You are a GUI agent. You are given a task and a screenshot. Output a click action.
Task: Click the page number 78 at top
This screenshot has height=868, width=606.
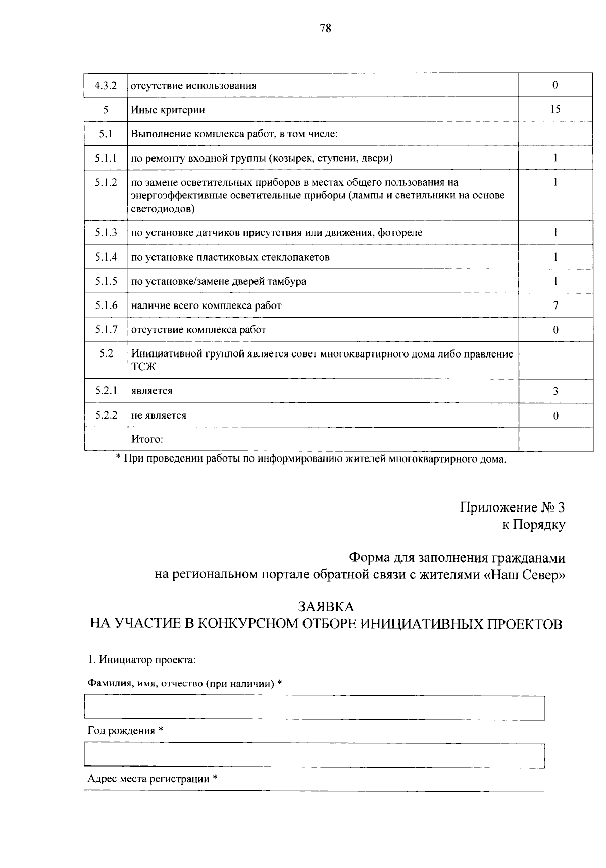[x=325, y=29]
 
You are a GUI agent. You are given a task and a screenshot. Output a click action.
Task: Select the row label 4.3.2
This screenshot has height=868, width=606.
[x=106, y=85]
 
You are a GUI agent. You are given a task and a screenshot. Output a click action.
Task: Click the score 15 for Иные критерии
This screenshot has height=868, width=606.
[x=555, y=109]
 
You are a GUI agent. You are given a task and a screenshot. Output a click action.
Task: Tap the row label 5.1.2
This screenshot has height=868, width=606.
[x=106, y=182]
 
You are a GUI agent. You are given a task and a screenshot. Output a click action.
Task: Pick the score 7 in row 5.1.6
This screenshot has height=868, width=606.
[x=555, y=305]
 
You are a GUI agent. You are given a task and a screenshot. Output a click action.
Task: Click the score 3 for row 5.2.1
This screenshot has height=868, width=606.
[x=555, y=391]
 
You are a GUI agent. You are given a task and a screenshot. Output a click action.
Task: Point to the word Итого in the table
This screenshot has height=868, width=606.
[x=147, y=439]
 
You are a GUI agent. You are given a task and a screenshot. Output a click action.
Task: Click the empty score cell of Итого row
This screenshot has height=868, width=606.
[x=555, y=439]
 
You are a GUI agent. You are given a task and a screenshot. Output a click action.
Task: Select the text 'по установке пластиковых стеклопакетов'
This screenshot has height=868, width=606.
[x=230, y=257]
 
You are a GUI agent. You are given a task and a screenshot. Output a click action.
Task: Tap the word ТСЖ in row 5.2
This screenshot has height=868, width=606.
[x=143, y=367]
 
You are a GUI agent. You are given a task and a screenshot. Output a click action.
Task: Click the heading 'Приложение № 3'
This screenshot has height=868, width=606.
[x=512, y=507]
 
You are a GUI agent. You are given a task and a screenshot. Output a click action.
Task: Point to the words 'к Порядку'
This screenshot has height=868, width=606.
[x=533, y=525]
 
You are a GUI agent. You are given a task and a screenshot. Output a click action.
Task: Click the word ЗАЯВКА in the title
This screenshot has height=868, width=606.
[x=326, y=606]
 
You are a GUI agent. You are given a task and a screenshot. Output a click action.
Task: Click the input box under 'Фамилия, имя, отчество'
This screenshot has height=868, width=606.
[x=314, y=707]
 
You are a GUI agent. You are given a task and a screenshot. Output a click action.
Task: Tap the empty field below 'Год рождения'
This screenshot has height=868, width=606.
[x=314, y=755]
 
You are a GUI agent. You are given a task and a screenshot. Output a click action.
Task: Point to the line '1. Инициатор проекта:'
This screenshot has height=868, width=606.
[x=142, y=659]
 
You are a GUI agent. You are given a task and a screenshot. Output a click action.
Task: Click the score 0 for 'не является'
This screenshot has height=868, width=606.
[x=555, y=416]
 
